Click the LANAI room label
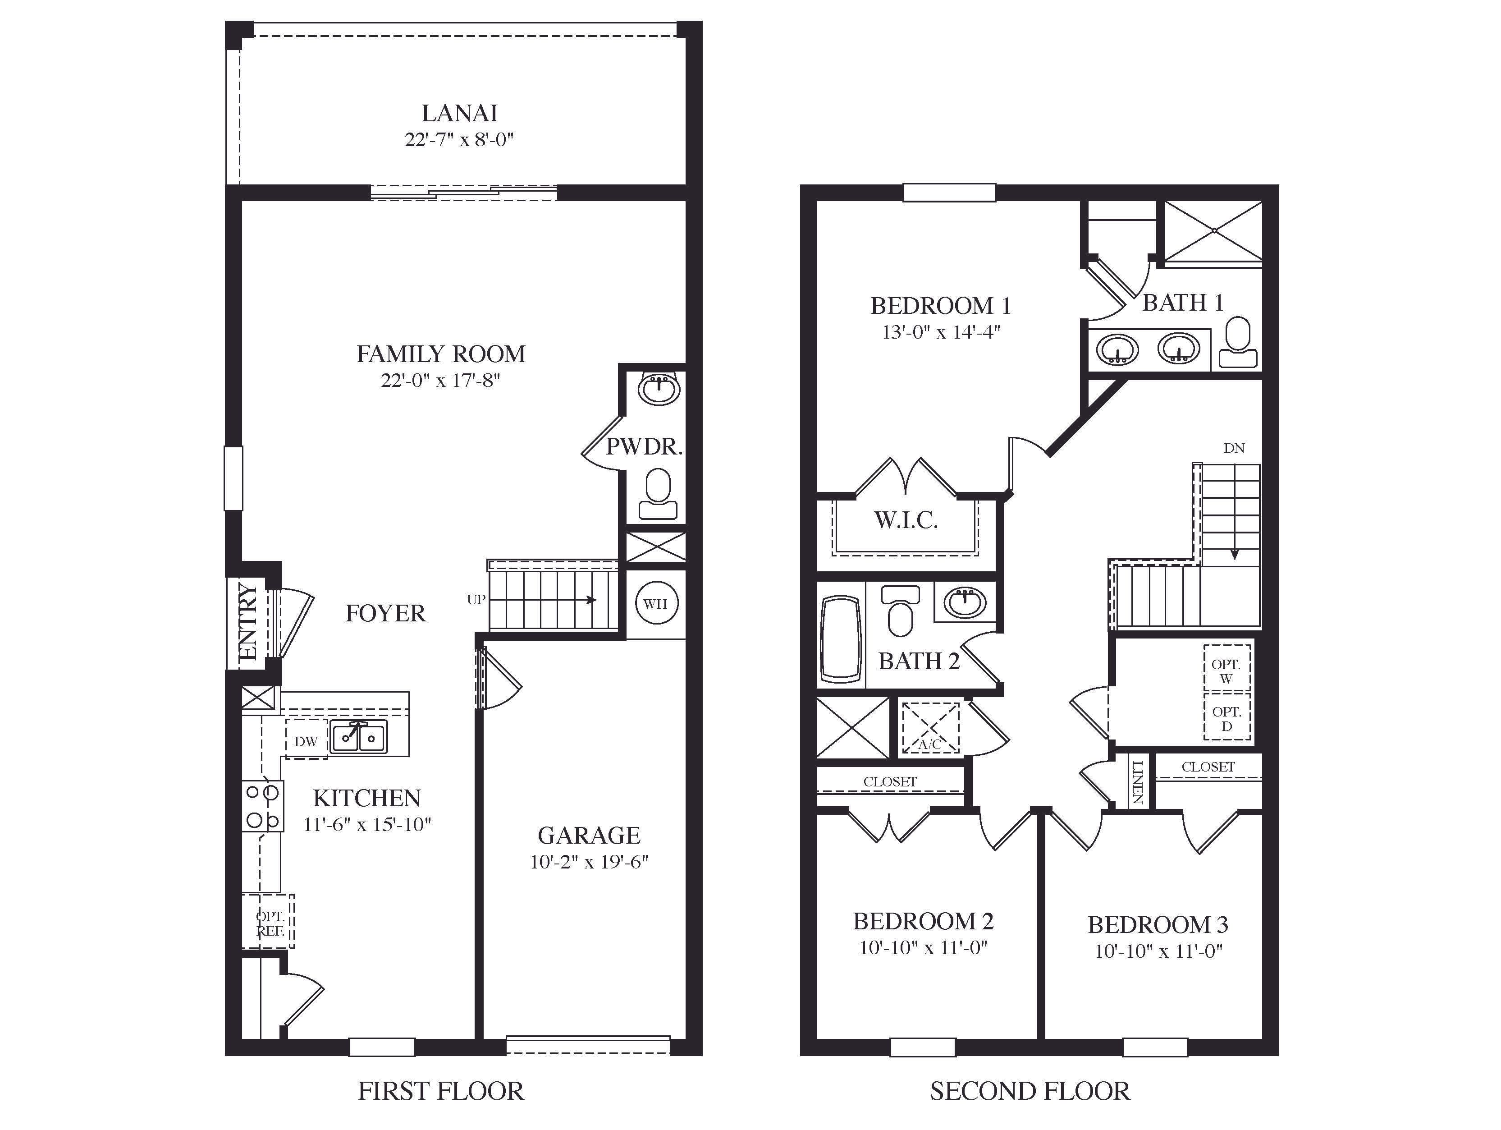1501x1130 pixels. (x=459, y=113)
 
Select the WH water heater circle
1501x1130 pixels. (x=655, y=603)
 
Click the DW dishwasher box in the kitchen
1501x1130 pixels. (x=306, y=741)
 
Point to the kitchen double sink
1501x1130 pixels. (x=359, y=738)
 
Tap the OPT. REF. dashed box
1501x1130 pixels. (x=269, y=923)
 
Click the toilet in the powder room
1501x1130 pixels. (x=658, y=495)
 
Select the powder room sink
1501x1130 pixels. (x=658, y=390)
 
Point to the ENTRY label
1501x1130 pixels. (x=248, y=621)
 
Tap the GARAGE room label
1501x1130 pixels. (x=589, y=835)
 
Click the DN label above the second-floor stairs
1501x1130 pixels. (x=1234, y=448)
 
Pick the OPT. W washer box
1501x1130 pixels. (x=1226, y=671)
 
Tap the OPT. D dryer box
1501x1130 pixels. (x=1226, y=718)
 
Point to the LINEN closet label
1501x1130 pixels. (x=1138, y=782)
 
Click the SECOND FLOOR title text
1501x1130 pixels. (x=1030, y=1091)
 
